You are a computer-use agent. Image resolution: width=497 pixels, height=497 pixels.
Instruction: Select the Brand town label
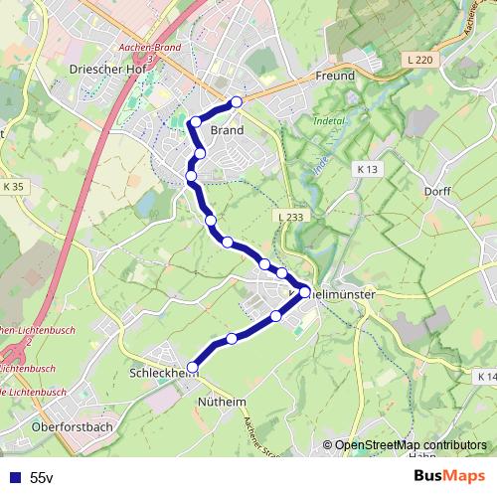pos(227,129)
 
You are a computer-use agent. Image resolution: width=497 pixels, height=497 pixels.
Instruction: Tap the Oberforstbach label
pos(72,425)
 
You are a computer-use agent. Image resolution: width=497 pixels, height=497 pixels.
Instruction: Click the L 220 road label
pos(420,61)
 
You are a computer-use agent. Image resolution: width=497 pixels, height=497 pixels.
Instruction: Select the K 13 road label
pos(368,170)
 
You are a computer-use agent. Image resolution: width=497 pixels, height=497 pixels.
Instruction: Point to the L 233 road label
pos(291,216)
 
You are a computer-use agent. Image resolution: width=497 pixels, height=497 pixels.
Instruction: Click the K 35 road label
pos(14,186)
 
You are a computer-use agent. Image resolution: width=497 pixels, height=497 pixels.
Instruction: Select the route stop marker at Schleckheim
pos(193,366)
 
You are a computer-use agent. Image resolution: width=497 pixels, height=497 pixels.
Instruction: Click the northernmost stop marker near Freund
pos(237,102)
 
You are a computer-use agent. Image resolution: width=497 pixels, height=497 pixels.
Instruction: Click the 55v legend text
pos(42,477)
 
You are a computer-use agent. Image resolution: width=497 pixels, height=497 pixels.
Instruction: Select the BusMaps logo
pos(449,477)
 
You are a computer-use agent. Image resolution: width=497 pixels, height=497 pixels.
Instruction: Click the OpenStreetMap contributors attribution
pos(411,445)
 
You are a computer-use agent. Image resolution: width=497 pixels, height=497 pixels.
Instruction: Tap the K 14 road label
pos(486,377)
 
